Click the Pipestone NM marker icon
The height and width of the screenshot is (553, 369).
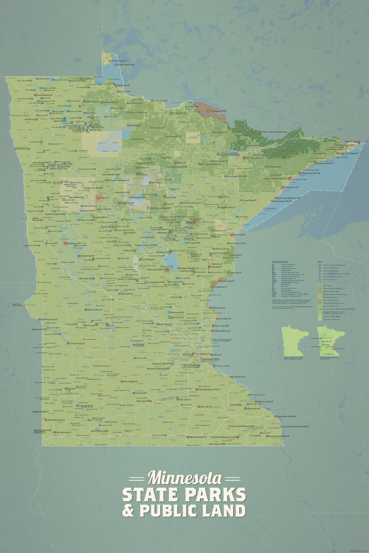point(48,412)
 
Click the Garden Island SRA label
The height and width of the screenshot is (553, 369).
point(126,65)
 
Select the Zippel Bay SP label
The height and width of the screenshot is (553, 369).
point(123,85)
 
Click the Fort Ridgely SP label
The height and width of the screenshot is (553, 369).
point(131,382)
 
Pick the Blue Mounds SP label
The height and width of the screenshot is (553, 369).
point(63,432)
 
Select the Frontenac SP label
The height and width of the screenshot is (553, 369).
point(239,377)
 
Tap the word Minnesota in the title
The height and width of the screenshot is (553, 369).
point(185,478)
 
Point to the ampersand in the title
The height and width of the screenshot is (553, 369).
point(128,511)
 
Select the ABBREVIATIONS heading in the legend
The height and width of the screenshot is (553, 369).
point(280,262)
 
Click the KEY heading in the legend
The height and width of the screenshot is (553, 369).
point(320,262)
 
